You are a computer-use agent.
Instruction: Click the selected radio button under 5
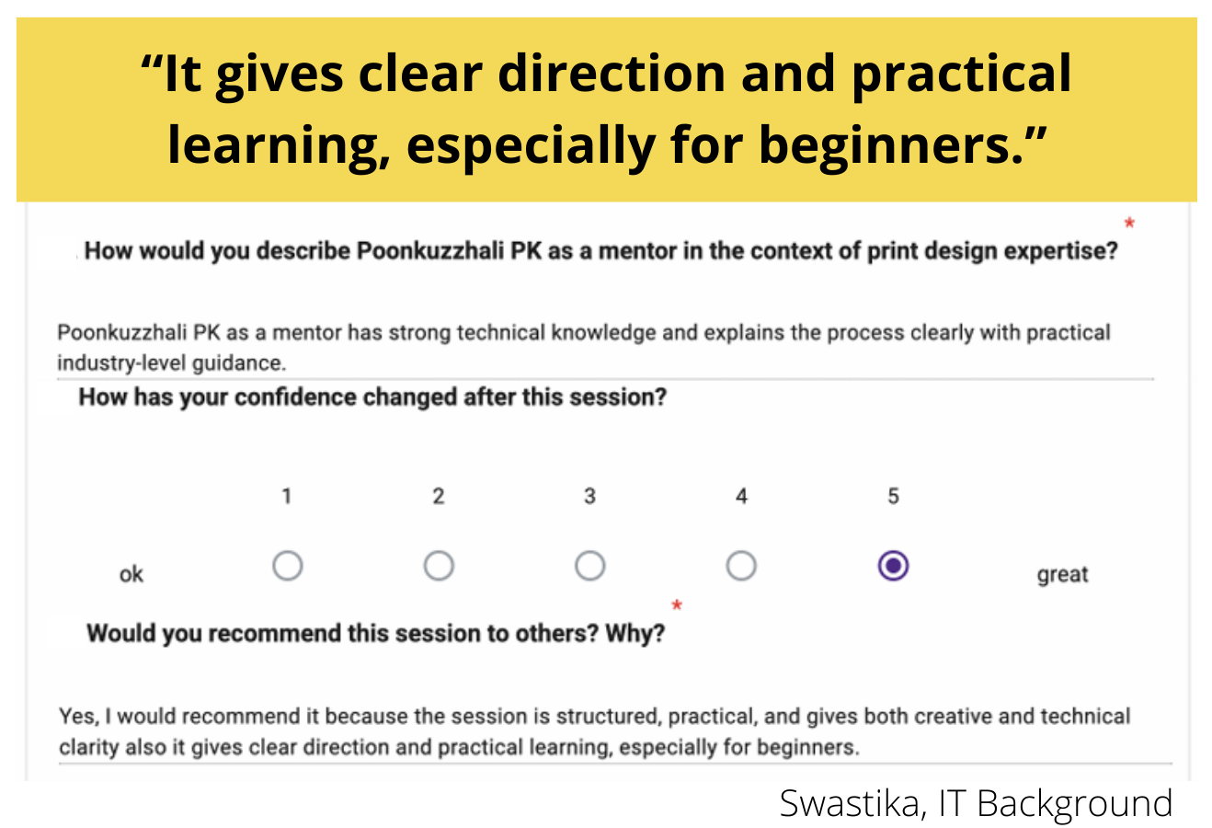click(x=893, y=566)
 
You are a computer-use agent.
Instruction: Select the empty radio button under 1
click(x=287, y=566)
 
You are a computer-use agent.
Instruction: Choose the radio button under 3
click(x=589, y=566)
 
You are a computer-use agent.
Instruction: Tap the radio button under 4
click(x=741, y=566)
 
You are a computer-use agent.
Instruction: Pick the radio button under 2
click(x=439, y=566)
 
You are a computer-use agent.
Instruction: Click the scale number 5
click(x=893, y=496)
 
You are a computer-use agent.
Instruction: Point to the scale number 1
click(x=287, y=496)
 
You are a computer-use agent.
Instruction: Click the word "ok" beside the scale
click(x=131, y=574)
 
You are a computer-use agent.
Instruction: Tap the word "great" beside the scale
click(x=1062, y=575)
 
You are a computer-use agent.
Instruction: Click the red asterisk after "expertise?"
click(x=1129, y=223)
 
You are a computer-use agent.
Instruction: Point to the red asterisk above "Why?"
click(x=676, y=605)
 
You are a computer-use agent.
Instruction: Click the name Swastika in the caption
click(x=849, y=803)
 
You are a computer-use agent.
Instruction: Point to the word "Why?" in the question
click(x=635, y=633)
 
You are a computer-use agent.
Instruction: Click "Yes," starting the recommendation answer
click(x=79, y=717)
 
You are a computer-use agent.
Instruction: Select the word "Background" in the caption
click(x=1075, y=804)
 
